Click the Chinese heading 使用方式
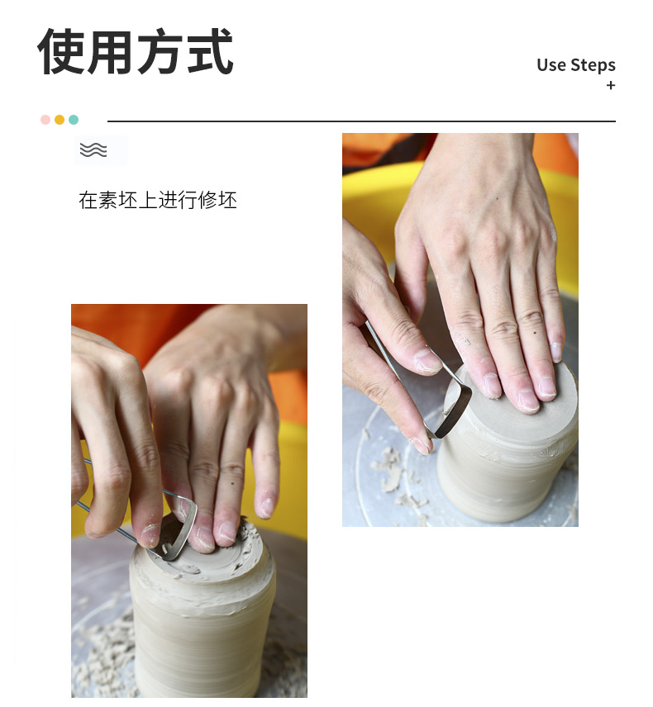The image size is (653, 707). [136, 51]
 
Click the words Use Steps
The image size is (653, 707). [576, 65]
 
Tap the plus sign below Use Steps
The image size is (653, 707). [611, 85]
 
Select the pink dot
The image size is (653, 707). [45, 120]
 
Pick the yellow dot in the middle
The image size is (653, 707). [60, 120]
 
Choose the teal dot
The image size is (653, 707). [74, 120]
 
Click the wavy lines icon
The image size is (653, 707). [93, 149]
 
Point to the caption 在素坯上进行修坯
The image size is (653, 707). [158, 200]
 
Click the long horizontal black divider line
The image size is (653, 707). [361, 121]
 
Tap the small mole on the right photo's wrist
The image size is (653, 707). [498, 198]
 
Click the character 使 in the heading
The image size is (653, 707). [61, 51]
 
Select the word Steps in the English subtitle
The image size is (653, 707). [593, 65]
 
